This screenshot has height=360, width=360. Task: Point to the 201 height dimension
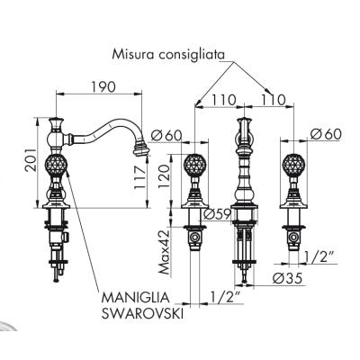pos(31,159)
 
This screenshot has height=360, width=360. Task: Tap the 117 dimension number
pos(139,177)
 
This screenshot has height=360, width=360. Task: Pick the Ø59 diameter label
pos(217,214)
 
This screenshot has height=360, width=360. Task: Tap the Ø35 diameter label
pos(287,279)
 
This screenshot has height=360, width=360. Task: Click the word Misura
pos(133,55)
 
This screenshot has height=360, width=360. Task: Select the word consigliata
pos(191,56)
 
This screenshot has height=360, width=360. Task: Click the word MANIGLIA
pos(135,298)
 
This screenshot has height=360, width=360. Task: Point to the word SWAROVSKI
pos(142,314)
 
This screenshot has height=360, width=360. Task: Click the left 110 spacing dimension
pos(224,100)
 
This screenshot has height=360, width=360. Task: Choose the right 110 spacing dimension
pos(273,100)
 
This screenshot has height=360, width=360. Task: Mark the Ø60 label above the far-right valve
pos(326,134)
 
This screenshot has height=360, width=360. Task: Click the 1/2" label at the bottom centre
pos(224,297)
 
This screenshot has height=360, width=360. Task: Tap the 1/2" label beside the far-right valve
pos(319,257)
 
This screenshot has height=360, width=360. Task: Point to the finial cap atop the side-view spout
pos(56,123)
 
